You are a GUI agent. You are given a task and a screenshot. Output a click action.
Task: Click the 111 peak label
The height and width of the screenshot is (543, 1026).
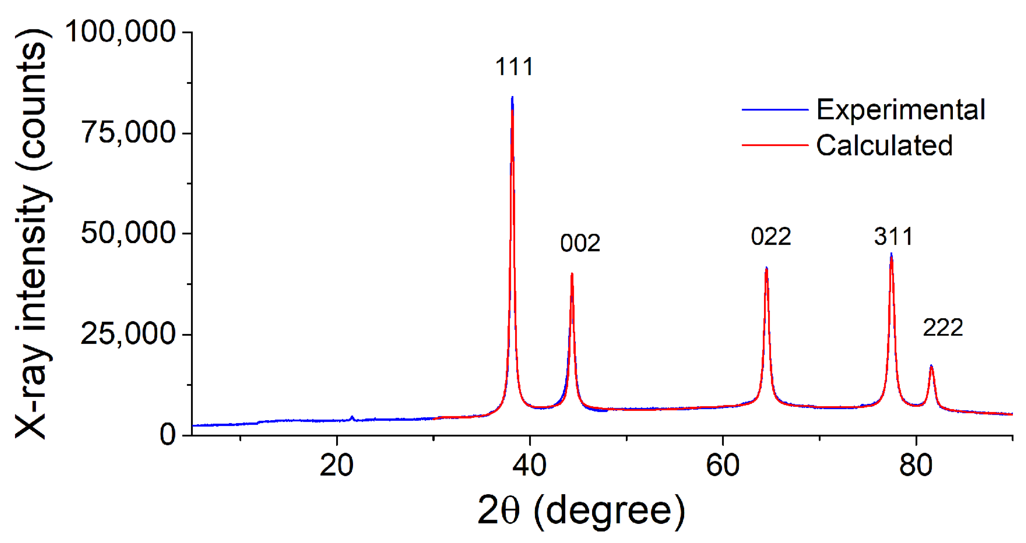(x=514, y=66)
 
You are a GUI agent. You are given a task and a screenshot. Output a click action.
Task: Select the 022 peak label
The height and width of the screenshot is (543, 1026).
(x=771, y=237)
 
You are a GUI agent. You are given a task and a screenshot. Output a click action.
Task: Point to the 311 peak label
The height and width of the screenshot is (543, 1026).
(x=893, y=237)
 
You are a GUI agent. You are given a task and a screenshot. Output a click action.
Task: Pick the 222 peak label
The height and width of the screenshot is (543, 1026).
(x=943, y=328)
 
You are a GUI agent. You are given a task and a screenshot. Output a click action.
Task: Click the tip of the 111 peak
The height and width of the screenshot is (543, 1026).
(x=512, y=97)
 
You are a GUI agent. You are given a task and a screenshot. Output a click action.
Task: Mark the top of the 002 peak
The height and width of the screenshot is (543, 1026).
(x=572, y=273)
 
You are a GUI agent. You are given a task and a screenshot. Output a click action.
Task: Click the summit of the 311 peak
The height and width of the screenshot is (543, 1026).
(x=891, y=253)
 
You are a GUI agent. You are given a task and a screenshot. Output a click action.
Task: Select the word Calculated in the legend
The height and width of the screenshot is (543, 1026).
(x=884, y=145)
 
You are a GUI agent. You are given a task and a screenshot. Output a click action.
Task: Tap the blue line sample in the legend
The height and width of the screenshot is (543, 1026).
(x=775, y=109)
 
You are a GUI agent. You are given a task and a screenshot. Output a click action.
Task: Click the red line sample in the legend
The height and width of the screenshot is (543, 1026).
(x=775, y=145)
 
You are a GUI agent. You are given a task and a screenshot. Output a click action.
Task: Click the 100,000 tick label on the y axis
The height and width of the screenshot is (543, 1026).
(x=120, y=32)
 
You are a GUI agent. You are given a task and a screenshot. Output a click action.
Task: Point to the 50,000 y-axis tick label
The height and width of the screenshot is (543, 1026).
(x=128, y=233)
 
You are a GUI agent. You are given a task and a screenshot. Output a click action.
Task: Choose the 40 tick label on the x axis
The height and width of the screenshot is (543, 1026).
(x=530, y=465)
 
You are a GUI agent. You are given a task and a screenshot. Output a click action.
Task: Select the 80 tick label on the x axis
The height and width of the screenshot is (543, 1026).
(x=916, y=465)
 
